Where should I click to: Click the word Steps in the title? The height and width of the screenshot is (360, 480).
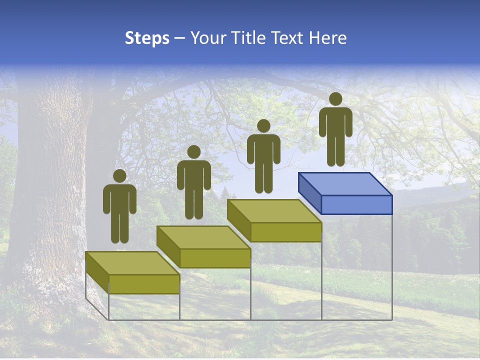tap(147, 38)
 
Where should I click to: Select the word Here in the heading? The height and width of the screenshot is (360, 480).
tap(327, 38)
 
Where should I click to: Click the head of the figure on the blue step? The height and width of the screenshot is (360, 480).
tap(335, 99)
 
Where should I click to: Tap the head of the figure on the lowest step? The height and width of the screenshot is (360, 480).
tap(119, 176)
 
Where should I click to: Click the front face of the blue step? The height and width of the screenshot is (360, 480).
tap(356, 204)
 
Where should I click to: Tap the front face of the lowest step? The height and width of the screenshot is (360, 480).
tap(144, 283)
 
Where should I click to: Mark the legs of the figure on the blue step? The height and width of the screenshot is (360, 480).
tap(335, 150)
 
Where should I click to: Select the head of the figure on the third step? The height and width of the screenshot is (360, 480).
tap(263, 126)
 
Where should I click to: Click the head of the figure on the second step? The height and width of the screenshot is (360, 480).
tap(193, 152)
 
